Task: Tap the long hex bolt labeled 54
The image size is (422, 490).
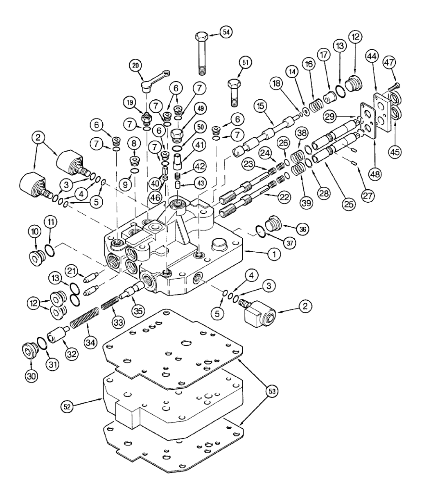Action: [200, 53]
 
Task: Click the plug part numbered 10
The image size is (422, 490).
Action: [35, 258]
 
